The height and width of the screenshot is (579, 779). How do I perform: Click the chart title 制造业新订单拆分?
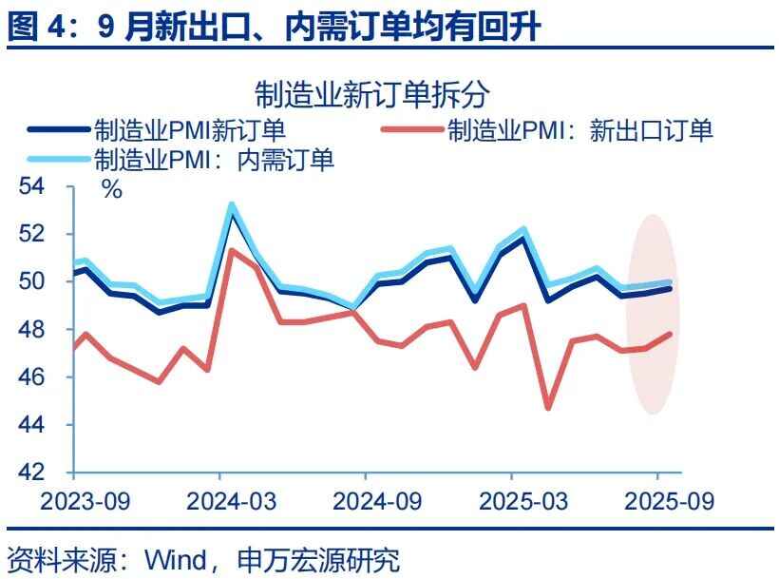coord(371,93)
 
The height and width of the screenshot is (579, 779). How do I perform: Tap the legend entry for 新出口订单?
coord(579,130)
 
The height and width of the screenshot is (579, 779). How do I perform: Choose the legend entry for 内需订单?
coord(214,160)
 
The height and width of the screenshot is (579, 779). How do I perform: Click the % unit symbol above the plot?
coord(112,189)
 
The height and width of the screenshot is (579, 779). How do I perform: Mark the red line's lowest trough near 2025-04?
coord(548,408)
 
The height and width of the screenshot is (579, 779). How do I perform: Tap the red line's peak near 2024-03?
coord(232,250)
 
